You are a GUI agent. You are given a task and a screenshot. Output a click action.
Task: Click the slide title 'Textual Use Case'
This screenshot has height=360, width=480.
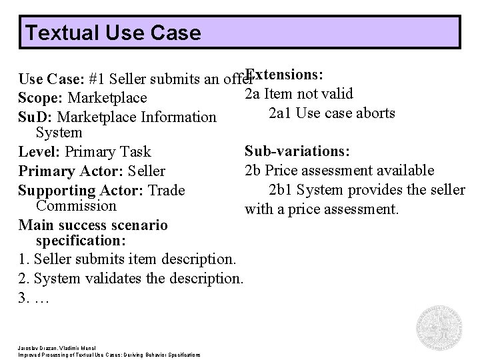tap(111, 32)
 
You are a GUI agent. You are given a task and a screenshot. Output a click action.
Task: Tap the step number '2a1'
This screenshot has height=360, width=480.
tap(279, 113)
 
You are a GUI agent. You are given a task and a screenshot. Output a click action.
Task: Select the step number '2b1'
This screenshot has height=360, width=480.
tap(280, 190)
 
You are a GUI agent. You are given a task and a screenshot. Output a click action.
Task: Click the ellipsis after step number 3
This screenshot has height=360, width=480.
tap(41, 297)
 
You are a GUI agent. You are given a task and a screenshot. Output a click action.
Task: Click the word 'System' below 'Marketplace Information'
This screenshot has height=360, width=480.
tap(59, 133)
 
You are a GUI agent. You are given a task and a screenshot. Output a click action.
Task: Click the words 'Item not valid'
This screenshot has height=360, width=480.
tap(309, 94)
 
